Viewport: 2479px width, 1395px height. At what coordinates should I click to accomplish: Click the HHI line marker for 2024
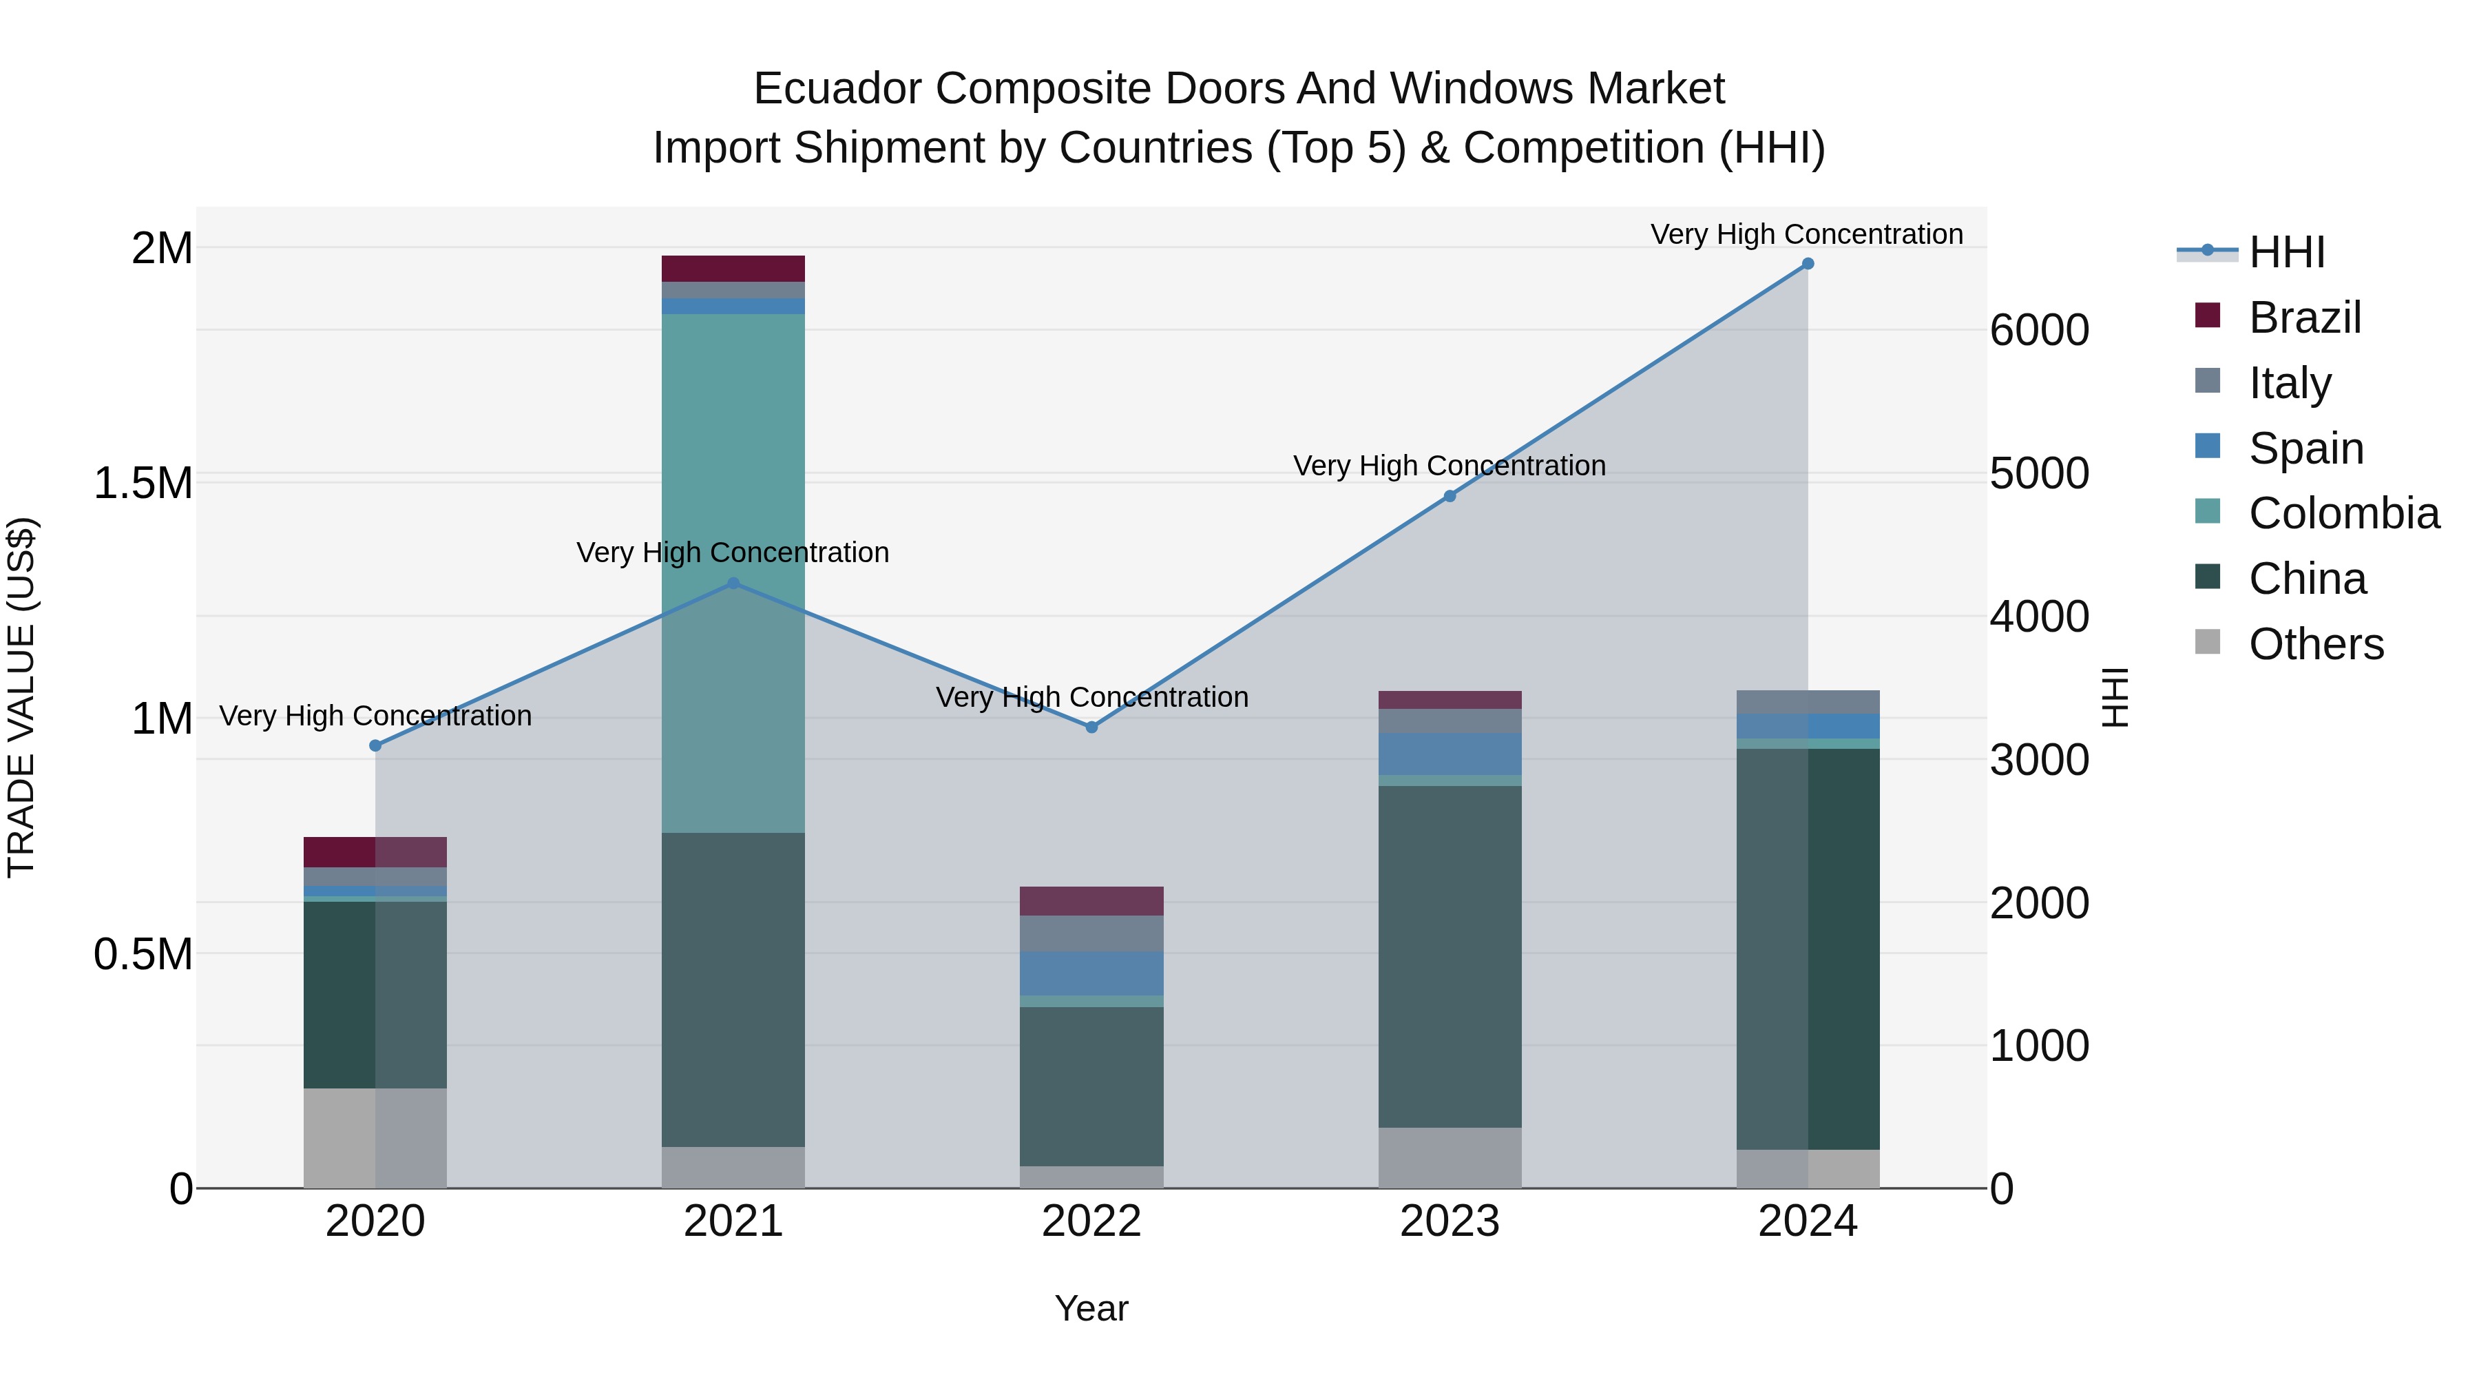[x=1808, y=264]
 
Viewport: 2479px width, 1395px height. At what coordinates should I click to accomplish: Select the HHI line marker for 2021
[x=733, y=583]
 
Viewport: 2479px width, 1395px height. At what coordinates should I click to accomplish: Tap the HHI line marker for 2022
[x=1091, y=727]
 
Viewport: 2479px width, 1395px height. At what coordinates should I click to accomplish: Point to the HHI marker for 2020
[x=375, y=745]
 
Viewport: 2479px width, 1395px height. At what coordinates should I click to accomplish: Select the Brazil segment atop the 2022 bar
[x=1091, y=901]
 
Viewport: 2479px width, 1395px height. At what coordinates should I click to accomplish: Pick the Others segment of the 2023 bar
[x=1450, y=1157]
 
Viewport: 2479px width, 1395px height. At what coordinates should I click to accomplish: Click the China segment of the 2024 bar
[x=1808, y=949]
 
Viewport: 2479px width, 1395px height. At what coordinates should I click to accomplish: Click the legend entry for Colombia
[x=2343, y=513]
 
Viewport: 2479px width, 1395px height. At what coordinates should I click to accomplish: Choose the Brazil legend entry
[x=2304, y=318]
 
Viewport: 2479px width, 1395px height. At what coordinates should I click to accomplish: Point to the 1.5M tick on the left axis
[x=143, y=484]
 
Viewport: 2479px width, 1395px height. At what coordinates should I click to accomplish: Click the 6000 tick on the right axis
[x=2038, y=330]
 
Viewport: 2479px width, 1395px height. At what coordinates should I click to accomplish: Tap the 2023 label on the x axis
[x=1450, y=1221]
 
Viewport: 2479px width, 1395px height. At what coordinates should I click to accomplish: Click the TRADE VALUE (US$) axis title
[x=22, y=697]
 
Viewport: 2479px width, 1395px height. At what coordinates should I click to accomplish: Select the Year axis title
[x=1091, y=1308]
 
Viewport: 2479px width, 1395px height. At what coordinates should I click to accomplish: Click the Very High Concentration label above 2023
[x=1450, y=466]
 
